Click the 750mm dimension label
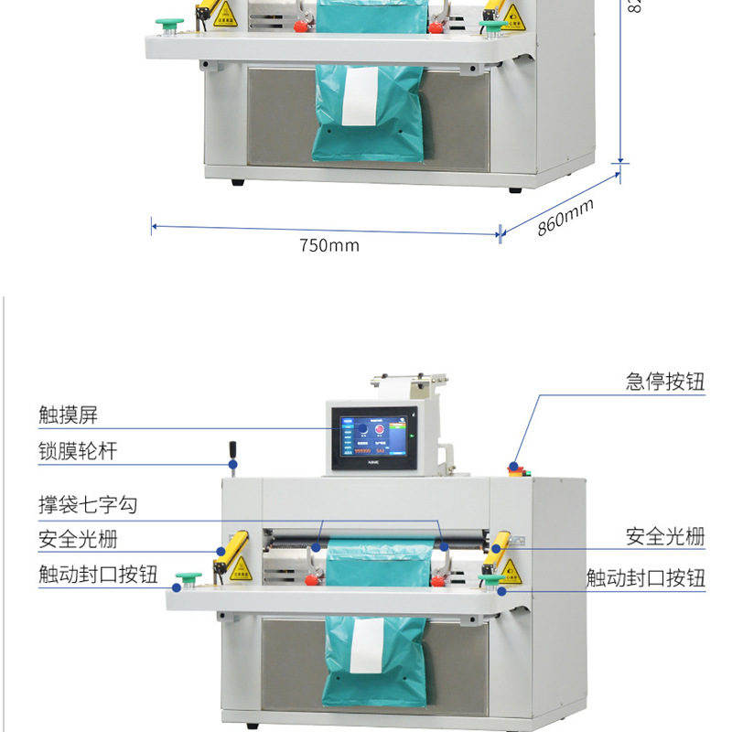329,245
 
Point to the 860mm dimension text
565,217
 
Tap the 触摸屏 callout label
68,415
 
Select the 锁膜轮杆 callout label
78,451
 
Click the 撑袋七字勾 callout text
88,505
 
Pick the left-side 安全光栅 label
78,540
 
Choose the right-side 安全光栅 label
665,536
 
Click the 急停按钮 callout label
665,382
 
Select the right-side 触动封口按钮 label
646,578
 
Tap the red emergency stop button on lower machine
514,468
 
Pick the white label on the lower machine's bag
367,645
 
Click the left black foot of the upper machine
238,182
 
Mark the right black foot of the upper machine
514,189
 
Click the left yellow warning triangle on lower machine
239,571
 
